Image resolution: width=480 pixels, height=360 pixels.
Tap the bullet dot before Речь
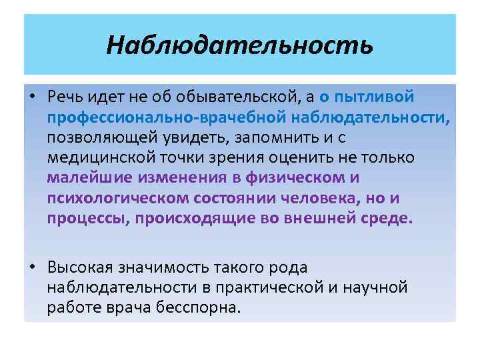tap(32, 97)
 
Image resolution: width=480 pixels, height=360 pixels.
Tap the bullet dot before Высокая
tap(32, 268)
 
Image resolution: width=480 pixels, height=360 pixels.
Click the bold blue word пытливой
tap(377, 97)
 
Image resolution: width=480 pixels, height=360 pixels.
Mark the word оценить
tap(303, 158)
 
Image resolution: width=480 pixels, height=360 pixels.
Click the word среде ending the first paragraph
tap(392, 219)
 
